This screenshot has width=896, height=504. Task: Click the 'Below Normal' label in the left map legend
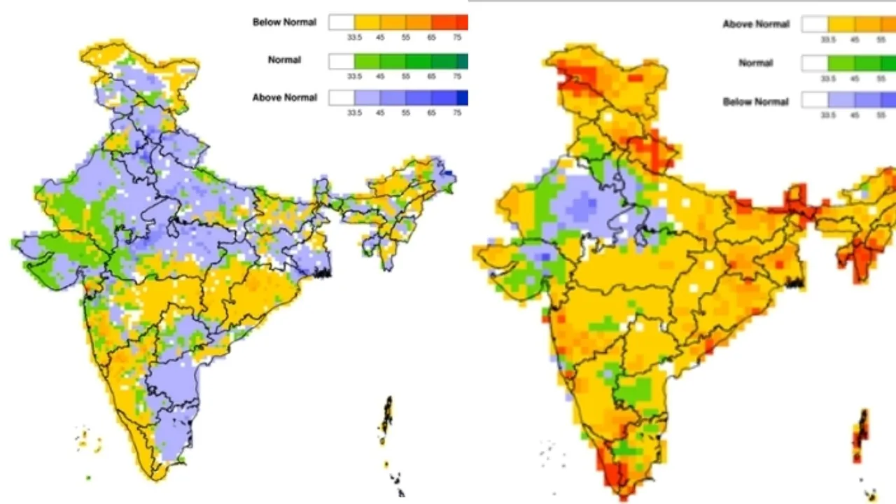pyautogui.click(x=284, y=22)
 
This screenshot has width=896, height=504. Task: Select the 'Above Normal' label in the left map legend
pyautogui.click(x=284, y=98)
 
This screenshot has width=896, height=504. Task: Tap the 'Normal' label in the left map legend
pyautogui.click(x=284, y=60)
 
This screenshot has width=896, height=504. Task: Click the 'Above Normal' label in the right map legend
pyautogui.click(x=756, y=24)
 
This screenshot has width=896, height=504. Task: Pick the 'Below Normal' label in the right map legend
pyautogui.click(x=756, y=102)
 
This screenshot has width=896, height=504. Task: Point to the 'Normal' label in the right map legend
pyautogui.click(x=756, y=63)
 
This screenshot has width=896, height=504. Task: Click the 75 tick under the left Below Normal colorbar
pyautogui.click(x=457, y=37)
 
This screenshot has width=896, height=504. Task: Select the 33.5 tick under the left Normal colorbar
pyautogui.click(x=354, y=76)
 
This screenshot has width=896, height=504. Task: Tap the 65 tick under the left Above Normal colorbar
pyautogui.click(x=431, y=113)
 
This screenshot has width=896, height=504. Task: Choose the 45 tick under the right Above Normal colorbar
pyautogui.click(x=854, y=40)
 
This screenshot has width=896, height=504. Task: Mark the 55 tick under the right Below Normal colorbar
pyautogui.click(x=881, y=115)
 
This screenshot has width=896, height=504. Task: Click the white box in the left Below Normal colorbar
pyautogui.click(x=342, y=22)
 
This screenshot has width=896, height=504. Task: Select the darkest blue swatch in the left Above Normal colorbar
pyautogui.click(x=463, y=97)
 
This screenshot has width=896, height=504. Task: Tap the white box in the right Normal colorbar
pyautogui.click(x=815, y=63)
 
